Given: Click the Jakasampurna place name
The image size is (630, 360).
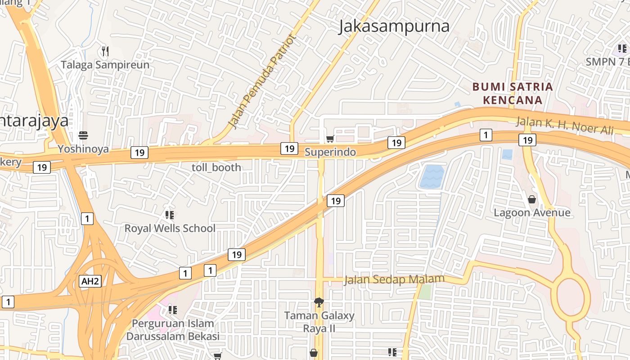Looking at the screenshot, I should coord(394,26).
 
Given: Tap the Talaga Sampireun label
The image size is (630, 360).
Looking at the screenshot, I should coord(105,65).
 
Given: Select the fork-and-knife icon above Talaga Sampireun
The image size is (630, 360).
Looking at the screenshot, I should coord(105,51).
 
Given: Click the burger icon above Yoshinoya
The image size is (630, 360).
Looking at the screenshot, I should coord(83,135).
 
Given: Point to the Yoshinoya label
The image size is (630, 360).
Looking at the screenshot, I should coord(83,149).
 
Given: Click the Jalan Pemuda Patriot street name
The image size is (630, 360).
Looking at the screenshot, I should coord(263,81).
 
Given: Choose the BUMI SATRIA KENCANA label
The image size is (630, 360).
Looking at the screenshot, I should coord(513,93).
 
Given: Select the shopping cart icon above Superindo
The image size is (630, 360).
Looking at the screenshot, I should coord(330,139).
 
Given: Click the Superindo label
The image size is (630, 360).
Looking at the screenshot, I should coord(330,152).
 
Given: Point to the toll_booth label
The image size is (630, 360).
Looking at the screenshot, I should coord(216,167).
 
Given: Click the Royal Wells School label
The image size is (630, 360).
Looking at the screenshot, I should coord(170,228).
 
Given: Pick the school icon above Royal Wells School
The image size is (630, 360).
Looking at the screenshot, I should coord(170,215).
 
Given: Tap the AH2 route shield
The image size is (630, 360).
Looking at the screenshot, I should coord(90,281).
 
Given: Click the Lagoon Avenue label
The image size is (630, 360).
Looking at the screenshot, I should coord(532,212).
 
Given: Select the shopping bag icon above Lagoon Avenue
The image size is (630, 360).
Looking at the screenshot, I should coord(532,199).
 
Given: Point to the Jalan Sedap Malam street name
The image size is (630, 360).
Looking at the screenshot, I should coord(394,280).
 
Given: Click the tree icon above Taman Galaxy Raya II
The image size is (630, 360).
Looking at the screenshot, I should coord(319,302).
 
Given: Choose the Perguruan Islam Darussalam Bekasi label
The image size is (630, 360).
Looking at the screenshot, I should coord(173,330).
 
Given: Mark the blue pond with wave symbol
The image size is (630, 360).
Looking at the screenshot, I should coord(432,176).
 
